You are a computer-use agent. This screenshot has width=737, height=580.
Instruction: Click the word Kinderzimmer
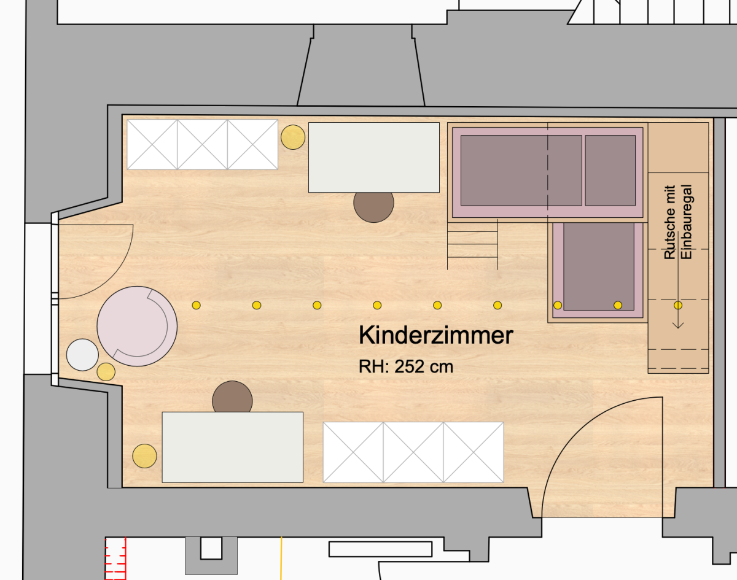(x=436, y=335)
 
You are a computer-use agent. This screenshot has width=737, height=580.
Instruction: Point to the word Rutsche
(x=669, y=222)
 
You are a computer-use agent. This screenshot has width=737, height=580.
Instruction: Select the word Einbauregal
(x=686, y=222)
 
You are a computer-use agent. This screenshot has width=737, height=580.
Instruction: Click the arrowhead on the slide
(x=678, y=325)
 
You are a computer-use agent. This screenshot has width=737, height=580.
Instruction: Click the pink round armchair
(x=137, y=327)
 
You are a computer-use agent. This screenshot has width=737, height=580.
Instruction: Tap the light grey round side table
(x=82, y=355)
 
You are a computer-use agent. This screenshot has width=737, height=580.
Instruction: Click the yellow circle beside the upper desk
(x=293, y=137)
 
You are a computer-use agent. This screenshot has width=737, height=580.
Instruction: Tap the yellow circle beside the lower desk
(x=144, y=455)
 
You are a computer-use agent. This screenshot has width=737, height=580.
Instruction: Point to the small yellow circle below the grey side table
(x=106, y=372)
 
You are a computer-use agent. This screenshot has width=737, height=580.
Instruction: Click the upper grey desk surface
(x=374, y=158)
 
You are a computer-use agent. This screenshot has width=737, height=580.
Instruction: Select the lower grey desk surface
(x=233, y=447)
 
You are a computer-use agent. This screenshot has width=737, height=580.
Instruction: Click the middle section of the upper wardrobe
(x=203, y=144)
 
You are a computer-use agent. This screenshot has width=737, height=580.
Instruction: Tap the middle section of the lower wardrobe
(x=413, y=452)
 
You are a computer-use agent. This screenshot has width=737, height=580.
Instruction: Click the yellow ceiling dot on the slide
(x=678, y=305)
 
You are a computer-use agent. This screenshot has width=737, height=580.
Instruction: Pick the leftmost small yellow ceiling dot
(x=197, y=305)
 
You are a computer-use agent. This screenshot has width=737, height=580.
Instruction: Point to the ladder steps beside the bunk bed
(x=473, y=244)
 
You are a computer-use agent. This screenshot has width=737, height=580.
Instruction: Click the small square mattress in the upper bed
(x=610, y=171)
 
